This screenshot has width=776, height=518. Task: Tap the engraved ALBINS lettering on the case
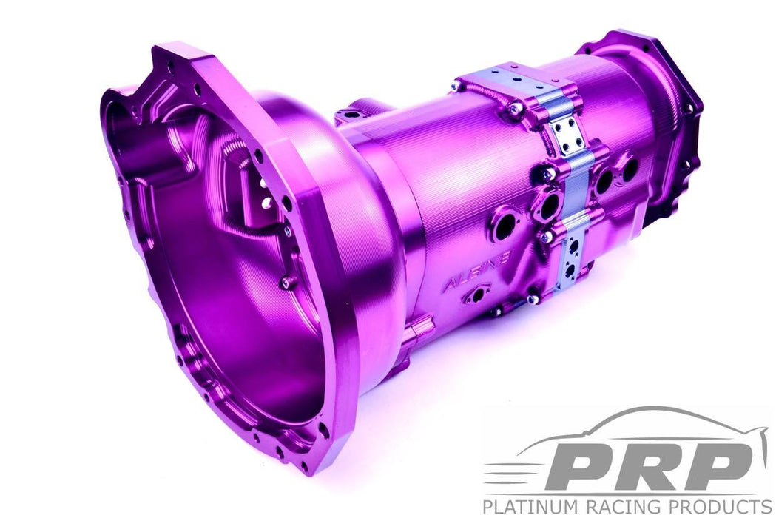click(478, 270)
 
